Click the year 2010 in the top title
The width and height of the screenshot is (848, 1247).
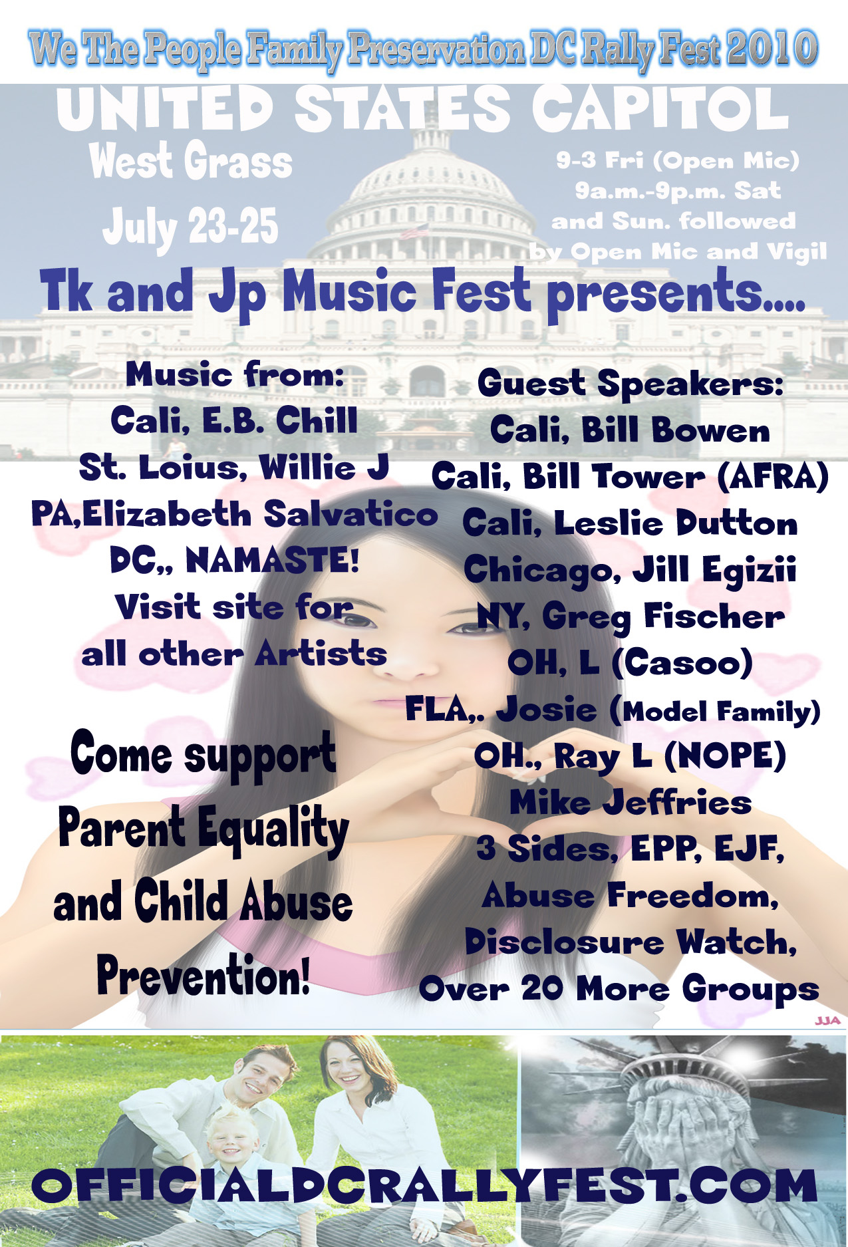point(772,49)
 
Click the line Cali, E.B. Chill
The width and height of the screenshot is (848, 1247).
point(234,420)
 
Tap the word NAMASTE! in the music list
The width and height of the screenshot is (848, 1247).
point(273,560)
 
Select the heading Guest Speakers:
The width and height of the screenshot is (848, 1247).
point(631,384)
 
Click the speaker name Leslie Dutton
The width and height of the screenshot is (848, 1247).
point(676,523)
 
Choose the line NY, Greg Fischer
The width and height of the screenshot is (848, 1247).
point(631,617)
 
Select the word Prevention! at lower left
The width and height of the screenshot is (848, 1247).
point(204,975)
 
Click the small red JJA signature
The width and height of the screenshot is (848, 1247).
point(827,1020)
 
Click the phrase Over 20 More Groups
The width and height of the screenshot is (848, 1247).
point(619,988)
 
